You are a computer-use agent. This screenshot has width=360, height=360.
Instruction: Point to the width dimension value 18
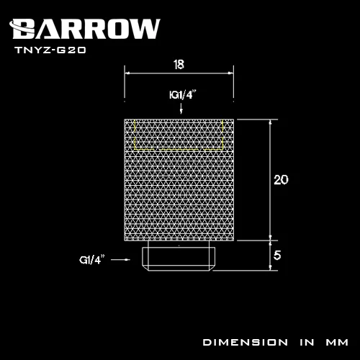[179, 64]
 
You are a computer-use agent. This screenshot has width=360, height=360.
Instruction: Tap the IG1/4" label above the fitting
[181, 94]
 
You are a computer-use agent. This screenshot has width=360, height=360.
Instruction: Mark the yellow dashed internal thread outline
[180, 137]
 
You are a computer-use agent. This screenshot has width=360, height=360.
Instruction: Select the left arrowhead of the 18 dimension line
[128, 72]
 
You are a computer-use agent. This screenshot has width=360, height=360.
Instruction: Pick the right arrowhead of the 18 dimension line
[231, 72]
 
